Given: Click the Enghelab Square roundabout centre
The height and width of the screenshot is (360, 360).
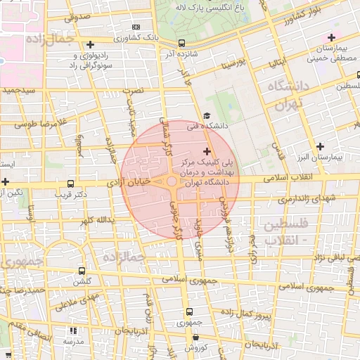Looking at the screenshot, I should [172, 182].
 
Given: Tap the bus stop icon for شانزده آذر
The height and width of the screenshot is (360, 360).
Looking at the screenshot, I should [182, 43].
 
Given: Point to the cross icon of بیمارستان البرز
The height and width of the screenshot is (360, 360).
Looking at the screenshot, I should [321, 147].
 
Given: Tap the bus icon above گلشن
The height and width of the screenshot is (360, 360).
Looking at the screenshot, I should [82, 271].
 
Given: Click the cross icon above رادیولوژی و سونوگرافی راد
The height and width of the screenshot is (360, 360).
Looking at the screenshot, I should [90, 45].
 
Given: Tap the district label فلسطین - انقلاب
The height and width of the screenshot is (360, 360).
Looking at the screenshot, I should [288, 233].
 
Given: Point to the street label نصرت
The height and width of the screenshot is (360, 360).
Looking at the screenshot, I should [133, 91].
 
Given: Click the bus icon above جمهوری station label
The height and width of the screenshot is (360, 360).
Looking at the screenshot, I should [188, 311].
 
